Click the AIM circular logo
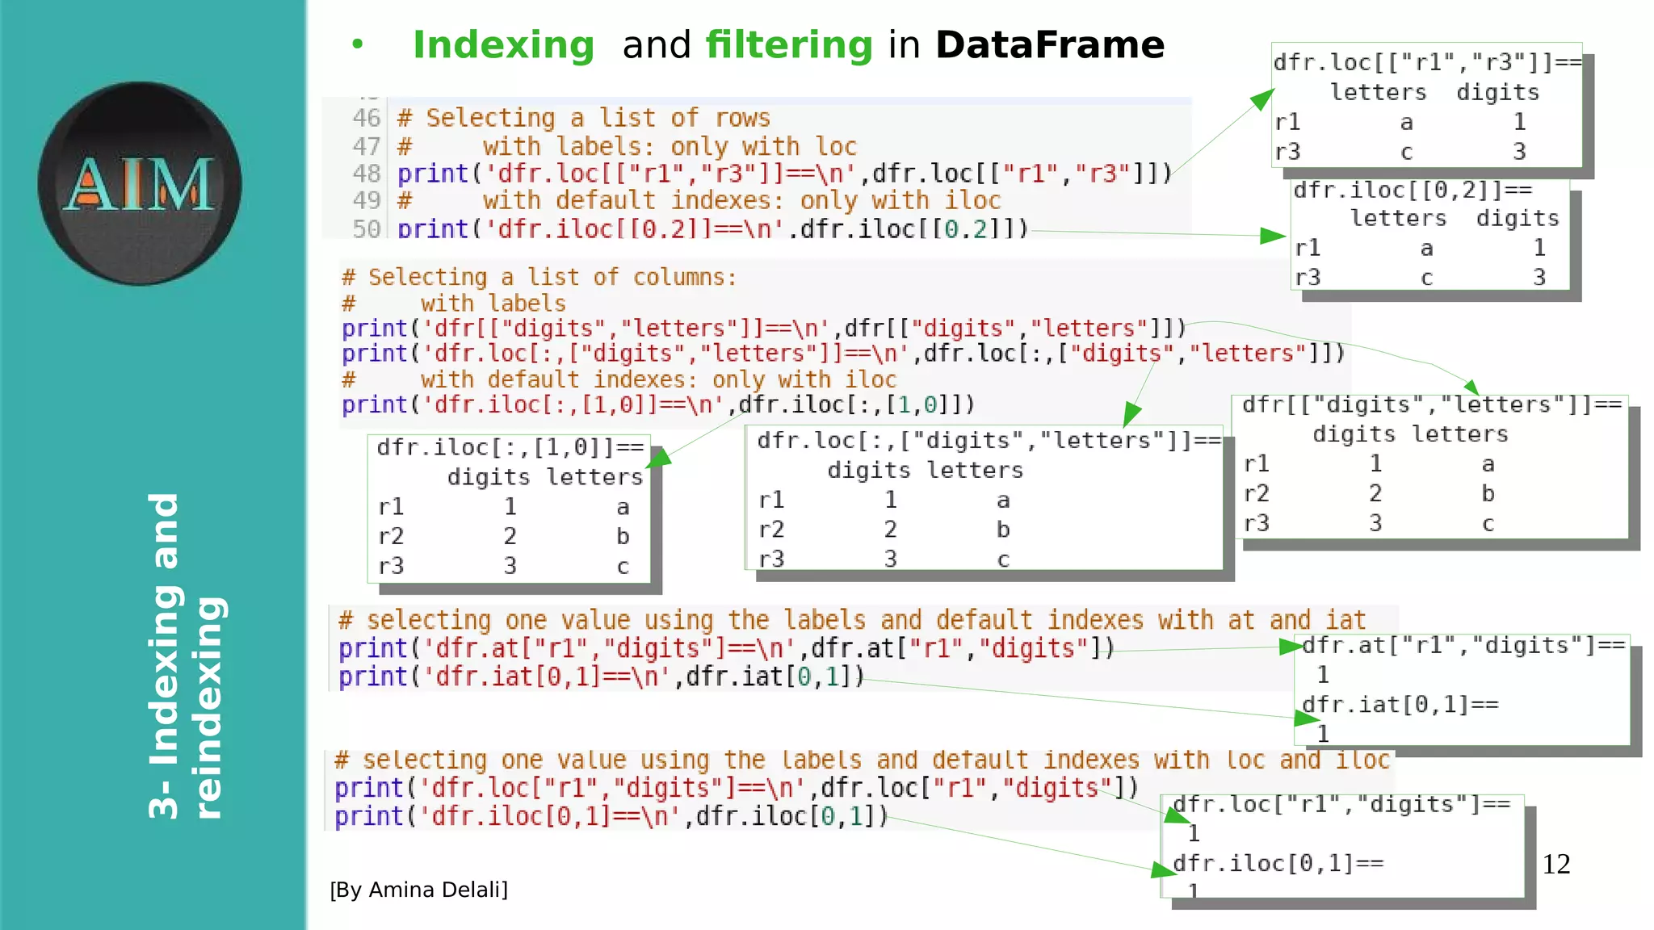click(x=139, y=183)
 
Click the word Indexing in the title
click(x=503, y=45)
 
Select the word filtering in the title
click(x=789, y=45)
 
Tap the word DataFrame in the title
click(x=1050, y=45)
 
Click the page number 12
click(x=1555, y=865)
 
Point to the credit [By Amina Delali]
click(x=418, y=890)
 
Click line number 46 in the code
click(x=366, y=118)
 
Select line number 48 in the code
click(x=366, y=174)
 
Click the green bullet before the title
click(x=357, y=45)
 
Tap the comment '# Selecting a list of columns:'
click(x=539, y=277)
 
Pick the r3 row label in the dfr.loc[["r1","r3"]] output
click(x=1287, y=152)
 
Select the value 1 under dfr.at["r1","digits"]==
click(x=1323, y=674)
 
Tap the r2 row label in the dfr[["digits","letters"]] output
click(x=1257, y=493)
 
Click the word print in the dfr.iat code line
click(x=372, y=677)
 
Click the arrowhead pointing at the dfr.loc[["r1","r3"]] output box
click(x=1262, y=100)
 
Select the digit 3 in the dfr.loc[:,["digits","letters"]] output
click(x=890, y=559)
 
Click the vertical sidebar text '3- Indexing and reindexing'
click(x=186, y=656)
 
